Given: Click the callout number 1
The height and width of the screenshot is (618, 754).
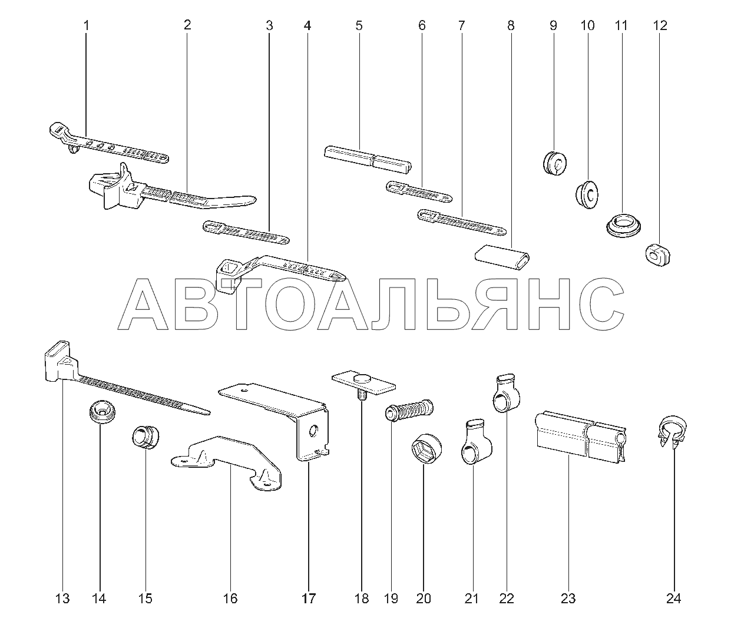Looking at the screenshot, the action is pos(86,25).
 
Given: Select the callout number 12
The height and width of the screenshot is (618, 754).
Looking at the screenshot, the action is pos(660,25).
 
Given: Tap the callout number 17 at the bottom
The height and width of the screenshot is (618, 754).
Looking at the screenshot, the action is pos(309,599).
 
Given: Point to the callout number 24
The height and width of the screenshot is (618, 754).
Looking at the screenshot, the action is pos(673,599).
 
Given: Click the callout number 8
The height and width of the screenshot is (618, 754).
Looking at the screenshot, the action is pos(511,25).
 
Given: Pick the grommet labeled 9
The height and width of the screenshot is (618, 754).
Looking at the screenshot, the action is pos(554,163).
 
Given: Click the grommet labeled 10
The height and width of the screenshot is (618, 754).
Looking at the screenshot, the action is pos(587,194).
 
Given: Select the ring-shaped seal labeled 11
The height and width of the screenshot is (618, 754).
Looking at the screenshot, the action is pos(623,225).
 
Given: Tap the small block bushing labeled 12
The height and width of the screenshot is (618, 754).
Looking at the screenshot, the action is pos(657,255).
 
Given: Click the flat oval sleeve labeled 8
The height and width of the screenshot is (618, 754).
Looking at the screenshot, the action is pos(502,257).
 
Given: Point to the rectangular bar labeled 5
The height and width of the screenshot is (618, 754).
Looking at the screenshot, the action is pos(368,157).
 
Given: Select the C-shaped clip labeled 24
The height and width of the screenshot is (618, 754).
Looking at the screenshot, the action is pos(672,431).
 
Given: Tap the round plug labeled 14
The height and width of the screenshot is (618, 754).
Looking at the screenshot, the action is pos(102,412).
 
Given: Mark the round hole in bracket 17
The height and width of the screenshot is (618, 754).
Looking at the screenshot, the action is pos(313,431).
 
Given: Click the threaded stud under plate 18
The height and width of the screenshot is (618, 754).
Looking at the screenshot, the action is pos(362,396).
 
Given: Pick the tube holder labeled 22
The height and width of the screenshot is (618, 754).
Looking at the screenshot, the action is pos(506,393).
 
